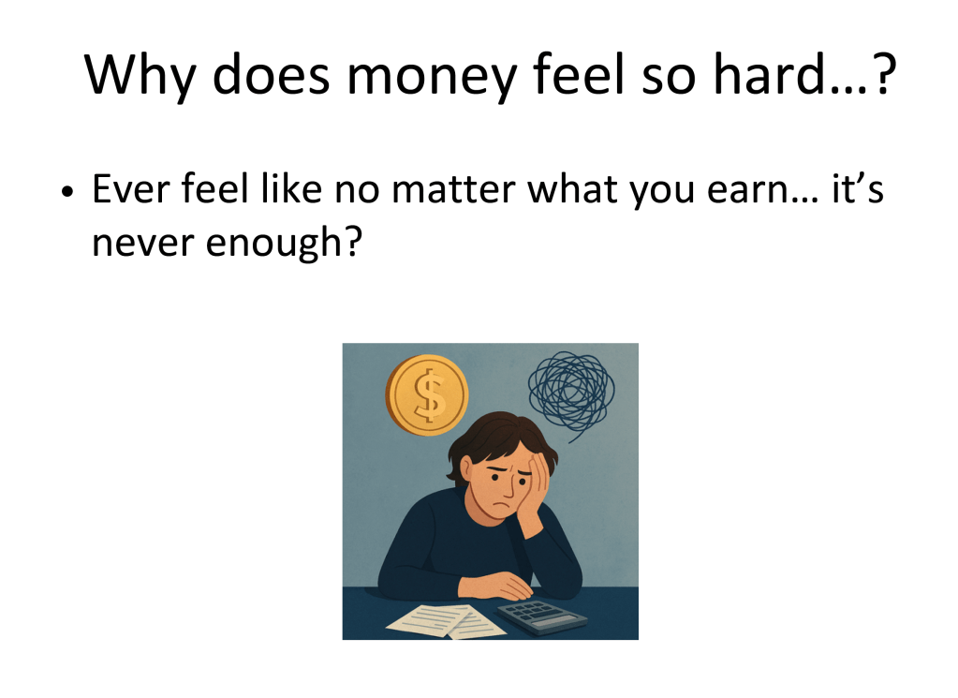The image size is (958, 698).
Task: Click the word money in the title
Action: pyautogui.click(x=432, y=76)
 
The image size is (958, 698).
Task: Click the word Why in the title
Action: pyautogui.click(x=140, y=76)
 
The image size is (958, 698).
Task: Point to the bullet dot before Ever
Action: pyautogui.click(x=67, y=192)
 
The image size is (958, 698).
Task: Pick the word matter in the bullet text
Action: pyautogui.click(x=452, y=189)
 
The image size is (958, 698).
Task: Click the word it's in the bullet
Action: pyautogui.click(x=858, y=188)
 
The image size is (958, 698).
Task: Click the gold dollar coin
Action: pyautogui.click(x=426, y=394)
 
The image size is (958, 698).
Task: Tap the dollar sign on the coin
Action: pyautogui.click(x=430, y=394)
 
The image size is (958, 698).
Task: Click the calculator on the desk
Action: pyautogui.click(x=541, y=617)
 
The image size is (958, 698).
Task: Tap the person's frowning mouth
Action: pyautogui.click(x=502, y=506)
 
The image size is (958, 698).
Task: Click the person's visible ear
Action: pyautogui.click(x=466, y=470)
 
